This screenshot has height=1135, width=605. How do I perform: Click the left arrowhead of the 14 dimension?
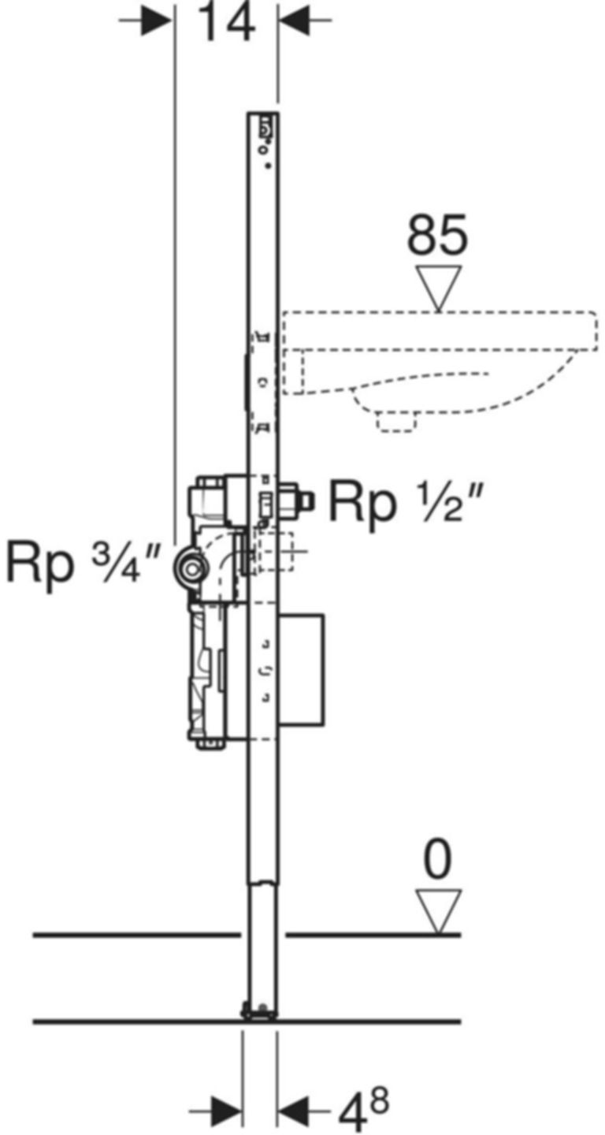click(158, 20)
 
